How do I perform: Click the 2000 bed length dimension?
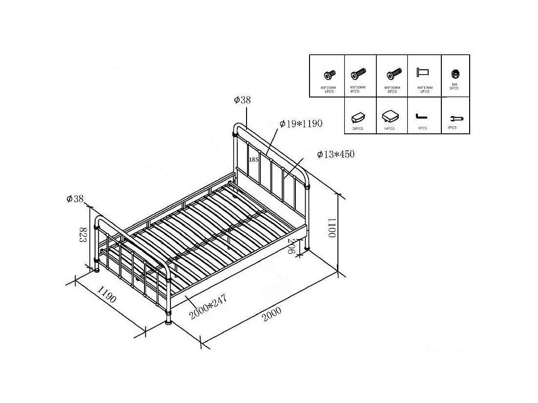pos(271,310)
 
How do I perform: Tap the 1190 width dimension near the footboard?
pos(107,295)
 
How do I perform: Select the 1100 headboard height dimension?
pos(332,227)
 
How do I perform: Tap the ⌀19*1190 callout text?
pos(301,123)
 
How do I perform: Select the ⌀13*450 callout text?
pos(335,154)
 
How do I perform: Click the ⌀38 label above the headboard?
pos(242,100)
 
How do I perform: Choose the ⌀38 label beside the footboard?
pos(75,199)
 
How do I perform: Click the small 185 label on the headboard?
pos(253,160)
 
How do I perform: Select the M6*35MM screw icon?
pos(393,75)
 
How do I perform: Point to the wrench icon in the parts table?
pos(455,119)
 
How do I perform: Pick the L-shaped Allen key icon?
pos(422,116)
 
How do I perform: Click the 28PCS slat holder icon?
pos(358,118)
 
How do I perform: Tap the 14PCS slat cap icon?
pos(389,116)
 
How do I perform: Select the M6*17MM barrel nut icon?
pos(422,72)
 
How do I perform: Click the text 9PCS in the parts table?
pos(392,91)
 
